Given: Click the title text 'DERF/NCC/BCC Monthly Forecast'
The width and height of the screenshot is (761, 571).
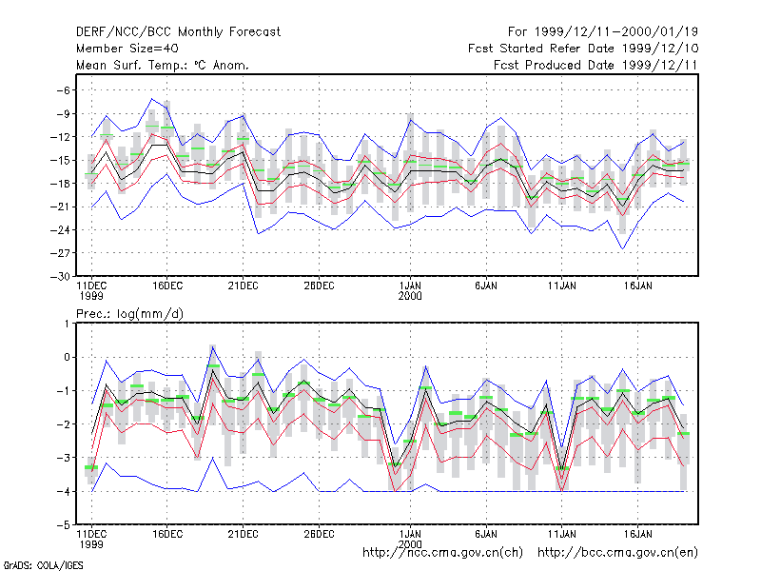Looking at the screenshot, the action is pyautogui.click(x=178, y=32).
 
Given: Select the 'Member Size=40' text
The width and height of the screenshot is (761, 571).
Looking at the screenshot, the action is pyautogui.click(x=127, y=49).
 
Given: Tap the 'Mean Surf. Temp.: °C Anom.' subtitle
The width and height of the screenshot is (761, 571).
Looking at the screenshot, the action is pyautogui.click(x=162, y=65).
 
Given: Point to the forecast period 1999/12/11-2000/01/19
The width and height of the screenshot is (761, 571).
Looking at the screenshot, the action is pyautogui.click(x=603, y=32).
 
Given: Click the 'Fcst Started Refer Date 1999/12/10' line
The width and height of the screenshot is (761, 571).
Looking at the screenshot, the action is pyautogui.click(x=583, y=49).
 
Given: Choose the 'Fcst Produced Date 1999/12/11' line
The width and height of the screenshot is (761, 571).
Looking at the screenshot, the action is pyautogui.click(x=596, y=65).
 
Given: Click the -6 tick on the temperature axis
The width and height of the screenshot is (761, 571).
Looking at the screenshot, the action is pyautogui.click(x=64, y=90).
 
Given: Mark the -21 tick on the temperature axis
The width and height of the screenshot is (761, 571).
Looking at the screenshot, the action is pyautogui.click(x=60, y=207).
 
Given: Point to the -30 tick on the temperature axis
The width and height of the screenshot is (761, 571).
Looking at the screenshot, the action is pyautogui.click(x=60, y=277).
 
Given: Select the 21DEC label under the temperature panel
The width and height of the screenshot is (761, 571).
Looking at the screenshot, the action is pyautogui.click(x=243, y=286).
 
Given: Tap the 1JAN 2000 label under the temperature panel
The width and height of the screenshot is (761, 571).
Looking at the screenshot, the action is pyautogui.click(x=410, y=291).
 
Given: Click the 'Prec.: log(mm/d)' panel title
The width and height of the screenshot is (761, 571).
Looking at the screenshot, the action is pyautogui.click(x=129, y=314).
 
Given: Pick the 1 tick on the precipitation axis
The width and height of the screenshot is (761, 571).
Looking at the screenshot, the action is pyautogui.click(x=67, y=324).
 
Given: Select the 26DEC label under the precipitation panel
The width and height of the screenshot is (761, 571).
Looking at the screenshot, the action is pyautogui.click(x=319, y=534).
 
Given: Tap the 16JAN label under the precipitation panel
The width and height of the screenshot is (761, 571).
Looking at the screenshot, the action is pyautogui.click(x=637, y=534).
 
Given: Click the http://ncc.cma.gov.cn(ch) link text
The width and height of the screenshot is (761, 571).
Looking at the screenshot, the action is pyautogui.click(x=442, y=553).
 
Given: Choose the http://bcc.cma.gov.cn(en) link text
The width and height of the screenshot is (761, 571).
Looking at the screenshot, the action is pyautogui.click(x=617, y=553).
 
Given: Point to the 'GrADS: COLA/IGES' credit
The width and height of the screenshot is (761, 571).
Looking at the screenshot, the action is pyautogui.click(x=43, y=565).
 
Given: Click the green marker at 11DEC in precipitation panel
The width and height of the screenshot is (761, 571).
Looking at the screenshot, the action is pyautogui.click(x=91, y=467).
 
